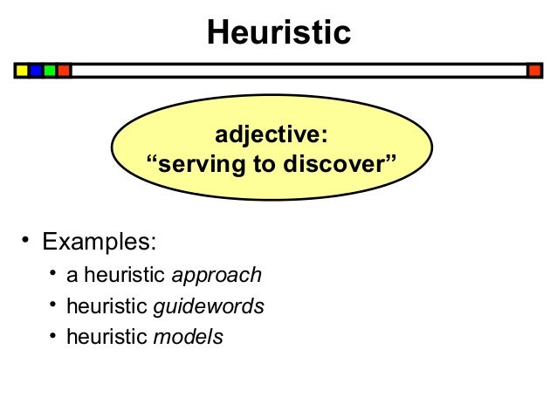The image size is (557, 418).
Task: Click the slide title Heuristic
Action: [x=278, y=33]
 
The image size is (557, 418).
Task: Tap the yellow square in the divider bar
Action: [x=22, y=70]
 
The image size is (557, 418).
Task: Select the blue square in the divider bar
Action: [x=36, y=70]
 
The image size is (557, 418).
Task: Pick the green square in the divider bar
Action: [x=50, y=70]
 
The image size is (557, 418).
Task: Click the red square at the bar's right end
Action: [x=535, y=70]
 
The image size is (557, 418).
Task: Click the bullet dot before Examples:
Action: [x=26, y=238]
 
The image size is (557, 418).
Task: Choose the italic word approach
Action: [x=217, y=276]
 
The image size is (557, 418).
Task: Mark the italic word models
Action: [x=188, y=336]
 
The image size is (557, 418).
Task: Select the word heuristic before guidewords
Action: [x=107, y=306]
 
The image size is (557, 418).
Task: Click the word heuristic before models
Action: [x=107, y=336]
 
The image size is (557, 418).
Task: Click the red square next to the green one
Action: [x=64, y=70]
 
